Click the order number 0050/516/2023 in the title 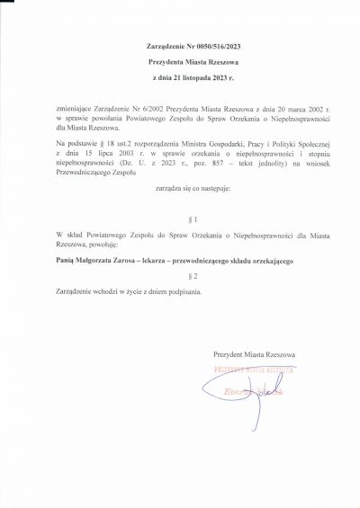point(199,45)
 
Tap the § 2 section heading point(180,275)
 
